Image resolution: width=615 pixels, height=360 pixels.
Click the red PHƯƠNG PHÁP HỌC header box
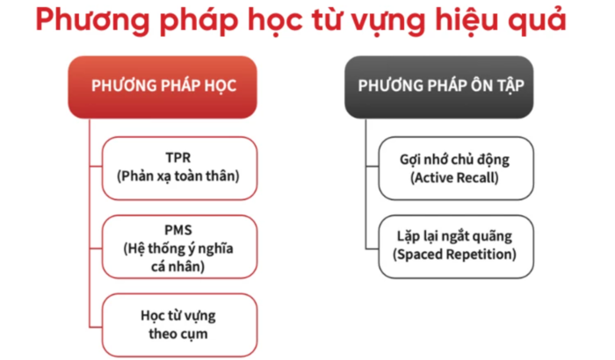point(163,86)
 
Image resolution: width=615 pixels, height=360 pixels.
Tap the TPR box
point(178,167)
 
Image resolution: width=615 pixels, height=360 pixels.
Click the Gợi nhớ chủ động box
point(454,167)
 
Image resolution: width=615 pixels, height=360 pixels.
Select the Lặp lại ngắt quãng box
point(454,246)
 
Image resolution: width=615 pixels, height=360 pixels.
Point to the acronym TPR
point(178,158)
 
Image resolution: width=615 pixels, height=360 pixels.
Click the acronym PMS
point(178,231)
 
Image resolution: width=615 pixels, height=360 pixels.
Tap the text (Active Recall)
point(454,176)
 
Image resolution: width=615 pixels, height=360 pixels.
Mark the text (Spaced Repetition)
point(454,256)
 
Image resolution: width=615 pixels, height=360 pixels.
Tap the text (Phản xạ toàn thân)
point(178,176)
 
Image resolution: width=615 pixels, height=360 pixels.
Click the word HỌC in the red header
point(220,86)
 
